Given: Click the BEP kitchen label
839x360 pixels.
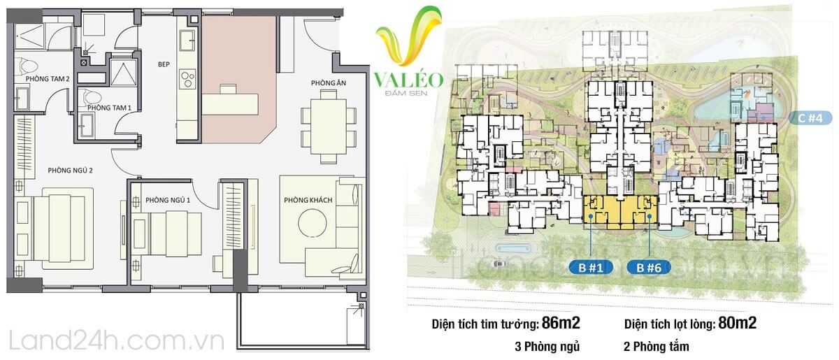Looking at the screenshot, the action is (x=164, y=64).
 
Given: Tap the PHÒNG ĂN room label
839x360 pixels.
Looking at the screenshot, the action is (x=329, y=82).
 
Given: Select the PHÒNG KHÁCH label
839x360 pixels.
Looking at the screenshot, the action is (x=308, y=201).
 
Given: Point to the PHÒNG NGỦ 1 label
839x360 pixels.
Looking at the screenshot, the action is (x=168, y=201).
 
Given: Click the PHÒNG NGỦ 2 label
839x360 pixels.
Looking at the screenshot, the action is (x=70, y=171).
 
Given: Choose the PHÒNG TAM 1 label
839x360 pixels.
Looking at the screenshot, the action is (x=109, y=108).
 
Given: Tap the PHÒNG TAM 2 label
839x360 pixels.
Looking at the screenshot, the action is (x=48, y=79).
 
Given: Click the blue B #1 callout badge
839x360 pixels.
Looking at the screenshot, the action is (x=591, y=268).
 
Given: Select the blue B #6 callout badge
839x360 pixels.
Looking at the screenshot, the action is (x=649, y=268).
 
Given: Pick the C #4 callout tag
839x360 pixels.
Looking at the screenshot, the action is (x=810, y=118).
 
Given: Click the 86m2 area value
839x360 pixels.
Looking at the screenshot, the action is (x=561, y=322).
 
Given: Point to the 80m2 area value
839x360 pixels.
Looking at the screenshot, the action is (x=737, y=322).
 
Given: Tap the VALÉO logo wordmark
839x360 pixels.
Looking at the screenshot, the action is (x=408, y=80).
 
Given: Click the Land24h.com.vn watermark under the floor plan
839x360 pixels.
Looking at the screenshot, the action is (x=117, y=341).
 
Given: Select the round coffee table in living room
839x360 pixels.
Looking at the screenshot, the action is (x=313, y=223).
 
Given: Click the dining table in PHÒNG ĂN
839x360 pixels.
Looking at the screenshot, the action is (x=329, y=127).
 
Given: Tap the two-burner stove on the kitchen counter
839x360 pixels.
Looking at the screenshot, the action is (x=187, y=80).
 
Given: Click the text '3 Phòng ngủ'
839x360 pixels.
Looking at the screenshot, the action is (x=547, y=347).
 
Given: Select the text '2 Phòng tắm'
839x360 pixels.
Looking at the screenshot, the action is (x=657, y=347).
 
